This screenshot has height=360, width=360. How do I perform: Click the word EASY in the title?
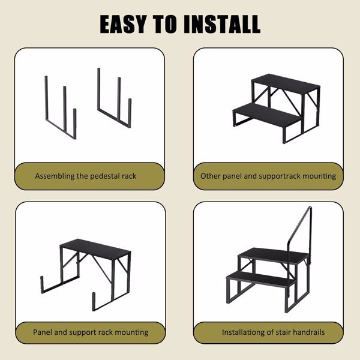pos(123,24)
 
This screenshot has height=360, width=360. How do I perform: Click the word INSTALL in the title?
pos(222,24)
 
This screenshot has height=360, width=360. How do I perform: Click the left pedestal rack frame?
pos(61,107)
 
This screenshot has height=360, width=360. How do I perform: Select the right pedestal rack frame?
pos(115,98)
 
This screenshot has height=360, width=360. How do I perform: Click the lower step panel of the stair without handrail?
pos(268,114)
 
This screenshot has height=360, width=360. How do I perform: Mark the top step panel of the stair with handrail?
pos(273,256)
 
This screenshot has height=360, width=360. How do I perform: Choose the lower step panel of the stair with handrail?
pos(261,278)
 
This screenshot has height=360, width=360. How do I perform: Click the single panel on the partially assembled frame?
pos(95,248)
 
